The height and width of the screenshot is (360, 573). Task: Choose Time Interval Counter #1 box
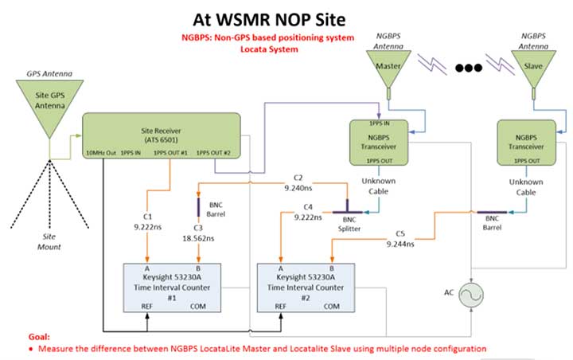tap(171, 286)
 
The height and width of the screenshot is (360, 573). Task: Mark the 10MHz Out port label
tap(98, 153)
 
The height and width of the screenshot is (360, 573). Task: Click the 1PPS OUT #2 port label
tap(214, 153)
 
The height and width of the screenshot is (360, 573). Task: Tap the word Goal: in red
tap(23, 337)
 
